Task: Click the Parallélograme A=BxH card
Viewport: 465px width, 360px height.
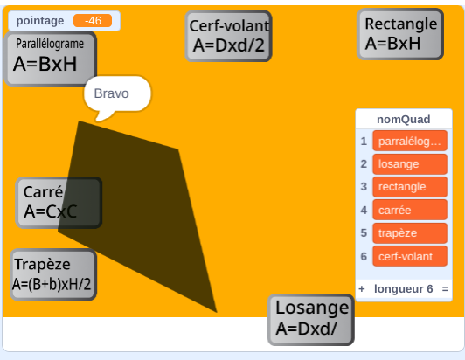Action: coord(51,59)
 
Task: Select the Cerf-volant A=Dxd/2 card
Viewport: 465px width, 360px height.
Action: coord(228,36)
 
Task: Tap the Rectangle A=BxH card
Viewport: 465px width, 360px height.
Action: coord(400,34)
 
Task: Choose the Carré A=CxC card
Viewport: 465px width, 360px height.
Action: coord(59,203)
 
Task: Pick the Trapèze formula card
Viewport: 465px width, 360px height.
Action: coord(53,274)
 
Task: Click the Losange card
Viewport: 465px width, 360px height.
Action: coord(311,320)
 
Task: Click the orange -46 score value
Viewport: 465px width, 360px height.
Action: coord(93,21)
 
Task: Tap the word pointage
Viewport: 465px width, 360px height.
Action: coord(40,21)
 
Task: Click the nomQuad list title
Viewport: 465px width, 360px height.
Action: coord(404,119)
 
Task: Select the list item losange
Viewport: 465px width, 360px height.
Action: coord(410,164)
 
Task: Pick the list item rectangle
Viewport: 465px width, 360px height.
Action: coord(410,187)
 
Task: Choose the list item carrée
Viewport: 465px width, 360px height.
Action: coord(410,210)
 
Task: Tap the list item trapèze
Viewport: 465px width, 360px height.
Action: coord(410,233)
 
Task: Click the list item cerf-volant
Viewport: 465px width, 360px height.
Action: coord(410,256)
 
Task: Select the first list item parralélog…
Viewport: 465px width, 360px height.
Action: coord(410,141)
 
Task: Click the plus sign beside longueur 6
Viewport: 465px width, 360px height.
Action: coord(362,289)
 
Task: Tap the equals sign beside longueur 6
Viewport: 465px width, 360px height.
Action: coord(445,289)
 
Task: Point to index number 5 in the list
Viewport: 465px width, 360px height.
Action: coord(364,233)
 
